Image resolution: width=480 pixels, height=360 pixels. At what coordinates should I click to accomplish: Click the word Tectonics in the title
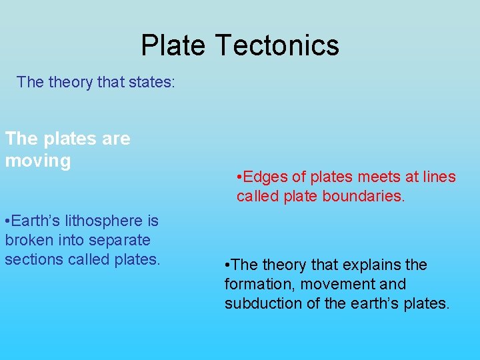click(277, 45)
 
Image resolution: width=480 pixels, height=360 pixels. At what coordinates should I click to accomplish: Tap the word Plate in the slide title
click(173, 45)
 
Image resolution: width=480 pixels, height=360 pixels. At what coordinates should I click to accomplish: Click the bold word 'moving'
click(37, 161)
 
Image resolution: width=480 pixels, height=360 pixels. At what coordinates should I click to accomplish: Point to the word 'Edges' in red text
click(266, 177)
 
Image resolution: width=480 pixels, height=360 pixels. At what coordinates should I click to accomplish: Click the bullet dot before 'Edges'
click(239, 178)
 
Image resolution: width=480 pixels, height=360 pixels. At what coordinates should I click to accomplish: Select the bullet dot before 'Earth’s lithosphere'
click(7, 221)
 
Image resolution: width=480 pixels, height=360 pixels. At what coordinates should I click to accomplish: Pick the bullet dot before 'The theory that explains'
click(228, 265)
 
